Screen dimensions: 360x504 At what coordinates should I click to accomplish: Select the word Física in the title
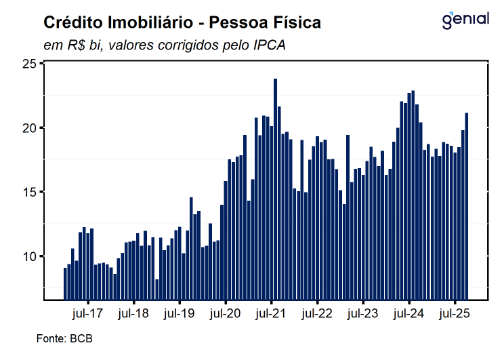295,23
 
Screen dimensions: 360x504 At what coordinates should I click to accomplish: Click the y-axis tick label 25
29,64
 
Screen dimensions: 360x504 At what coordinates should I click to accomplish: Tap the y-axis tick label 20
29,128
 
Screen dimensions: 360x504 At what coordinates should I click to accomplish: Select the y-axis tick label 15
29,192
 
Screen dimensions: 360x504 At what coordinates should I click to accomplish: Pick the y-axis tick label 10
29,256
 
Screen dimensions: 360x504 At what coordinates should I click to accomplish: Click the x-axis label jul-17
87,314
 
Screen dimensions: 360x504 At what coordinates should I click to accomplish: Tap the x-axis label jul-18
133,314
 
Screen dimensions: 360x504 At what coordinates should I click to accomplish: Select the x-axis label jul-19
179,314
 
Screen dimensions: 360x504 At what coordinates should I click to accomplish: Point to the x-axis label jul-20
225,314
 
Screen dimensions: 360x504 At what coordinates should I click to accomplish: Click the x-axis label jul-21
271,314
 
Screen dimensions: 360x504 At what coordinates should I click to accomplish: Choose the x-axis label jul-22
317,314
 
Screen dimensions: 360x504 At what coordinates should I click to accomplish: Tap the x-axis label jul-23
363,314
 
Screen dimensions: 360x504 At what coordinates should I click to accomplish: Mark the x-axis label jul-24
409,314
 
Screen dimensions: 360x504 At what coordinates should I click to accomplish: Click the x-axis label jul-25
455,314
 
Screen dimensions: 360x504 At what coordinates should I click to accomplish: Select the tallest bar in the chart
275,190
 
